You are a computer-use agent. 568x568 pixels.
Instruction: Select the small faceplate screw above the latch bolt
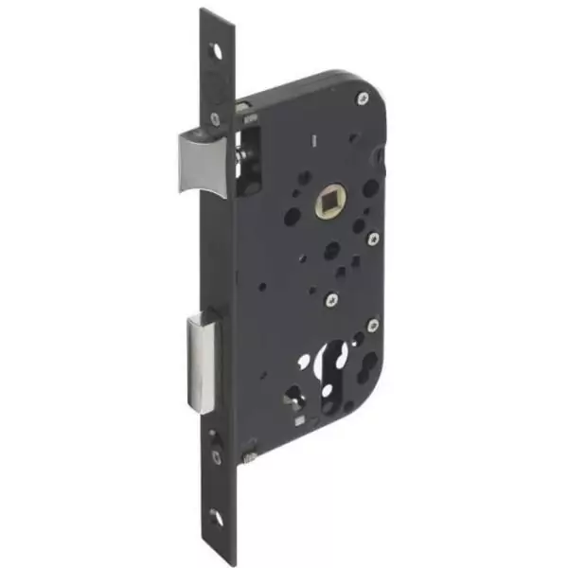point(216,119)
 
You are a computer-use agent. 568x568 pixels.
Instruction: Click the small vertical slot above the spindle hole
point(310,143)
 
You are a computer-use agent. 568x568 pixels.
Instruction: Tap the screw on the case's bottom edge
point(249,457)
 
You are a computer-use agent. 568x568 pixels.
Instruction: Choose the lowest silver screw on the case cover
point(372,326)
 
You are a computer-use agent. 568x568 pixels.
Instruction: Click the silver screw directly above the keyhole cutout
point(331,300)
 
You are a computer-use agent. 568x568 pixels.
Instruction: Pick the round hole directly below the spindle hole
point(332,251)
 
